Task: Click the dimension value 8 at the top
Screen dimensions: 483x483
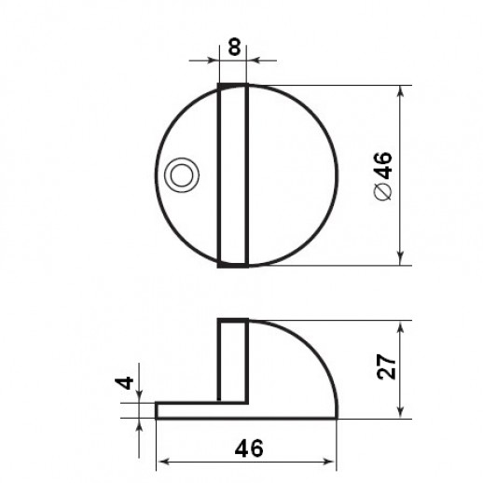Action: click(234, 47)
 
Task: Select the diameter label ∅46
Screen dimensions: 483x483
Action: click(383, 176)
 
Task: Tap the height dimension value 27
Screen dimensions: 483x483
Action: click(386, 366)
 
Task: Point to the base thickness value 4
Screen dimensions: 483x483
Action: click(124, 383)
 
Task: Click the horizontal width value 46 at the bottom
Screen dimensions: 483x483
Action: click(249, 448)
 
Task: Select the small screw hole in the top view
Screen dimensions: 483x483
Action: click(182, 175)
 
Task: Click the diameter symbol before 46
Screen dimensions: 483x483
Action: click(383, 191)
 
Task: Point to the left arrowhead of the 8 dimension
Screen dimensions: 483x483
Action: click(213, 61)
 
